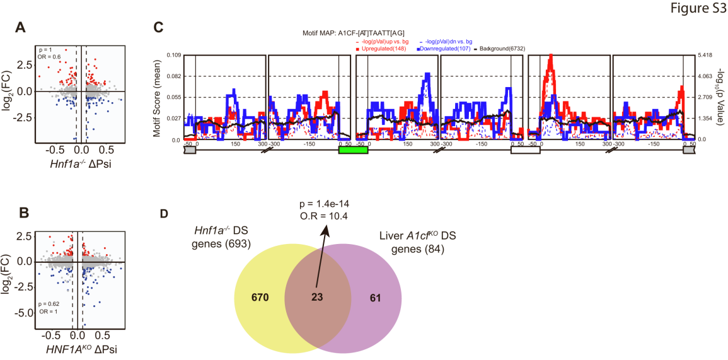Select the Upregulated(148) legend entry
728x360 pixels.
pyautogui.click(x=381, y=49)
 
